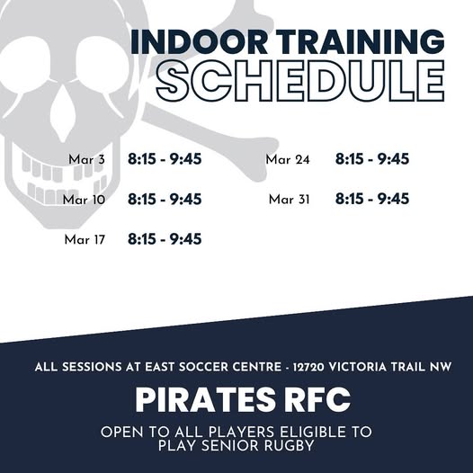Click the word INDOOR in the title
tap(183, 42)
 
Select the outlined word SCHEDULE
tap(299, 82)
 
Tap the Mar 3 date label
tap(86, 160)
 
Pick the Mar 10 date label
tap(84, 200)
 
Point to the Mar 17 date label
tap(85, 239)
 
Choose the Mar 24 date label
tap(288, 160)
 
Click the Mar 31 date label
tap(289, 200)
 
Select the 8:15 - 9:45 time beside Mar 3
tap(165, 160)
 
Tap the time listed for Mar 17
tap(165, 239)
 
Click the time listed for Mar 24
tap(372, 160)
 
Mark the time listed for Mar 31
tap(372, 200)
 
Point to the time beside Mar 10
tap(165, 200)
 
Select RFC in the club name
tap(307, 398)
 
